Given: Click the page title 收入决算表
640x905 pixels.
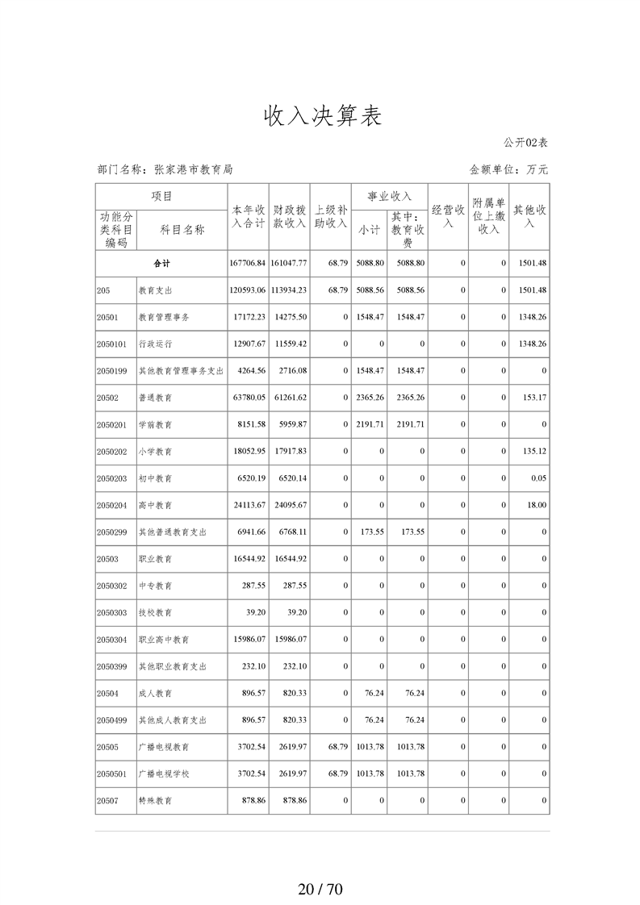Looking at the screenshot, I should coord(320,116).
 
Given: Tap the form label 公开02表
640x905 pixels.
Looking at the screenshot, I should coord(525,143).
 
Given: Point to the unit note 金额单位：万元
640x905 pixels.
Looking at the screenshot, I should coord(508,169).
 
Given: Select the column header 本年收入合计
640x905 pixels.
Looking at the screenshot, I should coord(248,217).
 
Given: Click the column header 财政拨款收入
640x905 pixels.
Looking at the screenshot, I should coord(290,217).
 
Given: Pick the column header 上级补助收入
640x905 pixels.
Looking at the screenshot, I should coord(330,217).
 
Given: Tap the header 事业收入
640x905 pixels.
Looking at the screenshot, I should coord(389,196).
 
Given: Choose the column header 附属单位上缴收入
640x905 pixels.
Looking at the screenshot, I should coord(488,217).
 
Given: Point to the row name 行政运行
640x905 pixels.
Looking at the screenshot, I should coord(155,344).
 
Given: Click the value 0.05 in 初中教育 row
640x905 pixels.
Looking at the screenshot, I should coord(539,478).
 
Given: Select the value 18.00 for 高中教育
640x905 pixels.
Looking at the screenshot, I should coord(537,505).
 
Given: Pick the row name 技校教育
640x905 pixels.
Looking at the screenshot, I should coord(155,613).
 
